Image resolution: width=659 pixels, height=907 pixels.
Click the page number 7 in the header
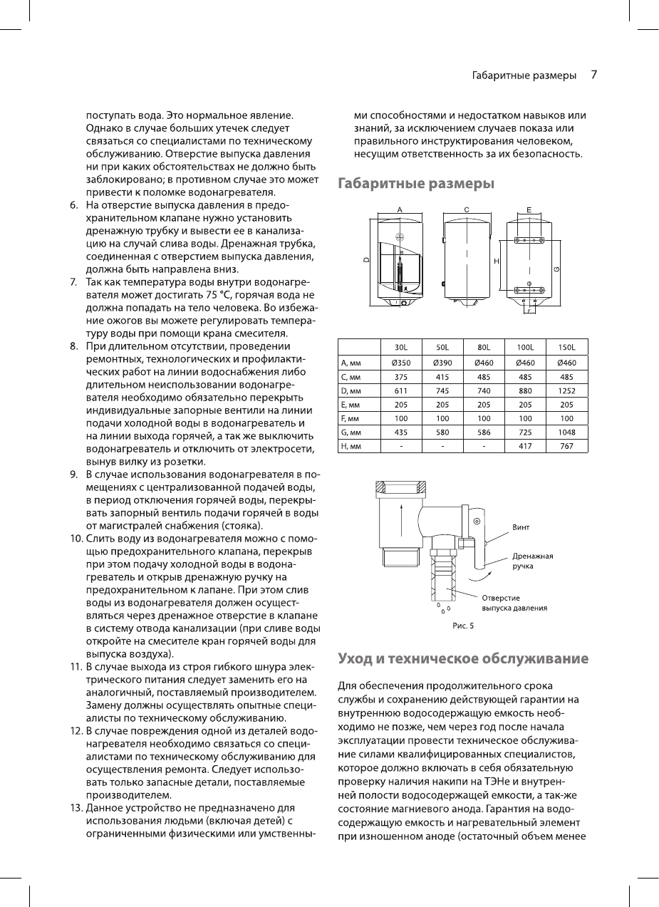[x=593, y=75]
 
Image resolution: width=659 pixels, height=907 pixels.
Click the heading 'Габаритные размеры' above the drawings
[x=416, y=183]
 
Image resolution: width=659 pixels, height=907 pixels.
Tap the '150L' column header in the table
[x=567, y=347]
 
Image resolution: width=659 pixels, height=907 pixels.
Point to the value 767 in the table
[x=567, y=446]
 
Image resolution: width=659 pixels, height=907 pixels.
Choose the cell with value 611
[x=400, y=390]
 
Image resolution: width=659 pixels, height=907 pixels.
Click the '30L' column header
[x=400, y=347]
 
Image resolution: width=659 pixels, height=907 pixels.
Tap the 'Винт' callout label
[x=522, y=527]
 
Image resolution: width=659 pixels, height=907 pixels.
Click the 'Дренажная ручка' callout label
[x=533, y=561]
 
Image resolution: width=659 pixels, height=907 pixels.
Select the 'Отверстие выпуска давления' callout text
[x=514, y=603]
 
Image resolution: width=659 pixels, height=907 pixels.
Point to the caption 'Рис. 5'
[x=462, y=626]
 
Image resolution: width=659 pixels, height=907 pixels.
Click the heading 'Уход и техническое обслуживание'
[x=462, y=658]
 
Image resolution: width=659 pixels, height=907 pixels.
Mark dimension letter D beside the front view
[x=366, y=260]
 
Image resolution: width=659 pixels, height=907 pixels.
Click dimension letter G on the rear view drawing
[x=556, y=268]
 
